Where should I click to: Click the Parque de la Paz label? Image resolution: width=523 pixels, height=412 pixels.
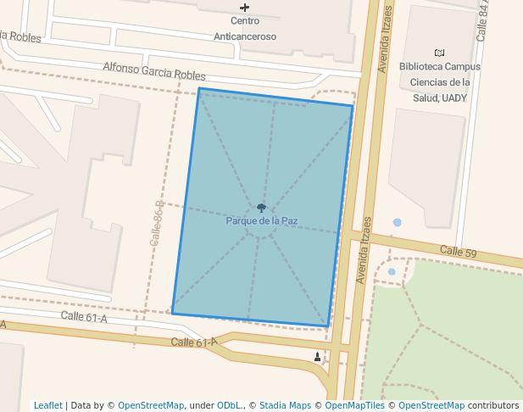[261, 221]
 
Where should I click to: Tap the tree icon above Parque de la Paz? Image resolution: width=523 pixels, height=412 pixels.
[261, 208]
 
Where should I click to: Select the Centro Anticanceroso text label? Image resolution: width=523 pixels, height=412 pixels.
[245, 29]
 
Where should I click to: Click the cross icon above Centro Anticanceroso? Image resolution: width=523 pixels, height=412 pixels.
[245, 8]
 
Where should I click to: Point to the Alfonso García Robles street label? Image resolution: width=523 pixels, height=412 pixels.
[154, 71]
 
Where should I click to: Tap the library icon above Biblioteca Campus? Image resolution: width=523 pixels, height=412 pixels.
[439, 53]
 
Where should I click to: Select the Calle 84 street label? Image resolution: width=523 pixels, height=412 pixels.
[484, 20]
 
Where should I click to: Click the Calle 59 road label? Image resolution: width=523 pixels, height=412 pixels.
[459, 252]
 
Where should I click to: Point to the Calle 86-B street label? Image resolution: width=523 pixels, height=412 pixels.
[156, 224]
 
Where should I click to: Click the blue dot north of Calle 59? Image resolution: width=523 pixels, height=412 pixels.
[397, 223]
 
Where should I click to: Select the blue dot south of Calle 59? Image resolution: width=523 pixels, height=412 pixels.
[392, 271]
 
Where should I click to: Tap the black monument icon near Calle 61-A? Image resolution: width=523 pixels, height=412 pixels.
[318, 357]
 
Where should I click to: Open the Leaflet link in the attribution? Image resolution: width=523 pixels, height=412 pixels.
[47, 405]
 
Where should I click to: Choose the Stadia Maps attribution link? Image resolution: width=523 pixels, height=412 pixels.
[285, 405]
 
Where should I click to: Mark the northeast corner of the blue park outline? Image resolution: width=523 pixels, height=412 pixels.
[352, 106]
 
